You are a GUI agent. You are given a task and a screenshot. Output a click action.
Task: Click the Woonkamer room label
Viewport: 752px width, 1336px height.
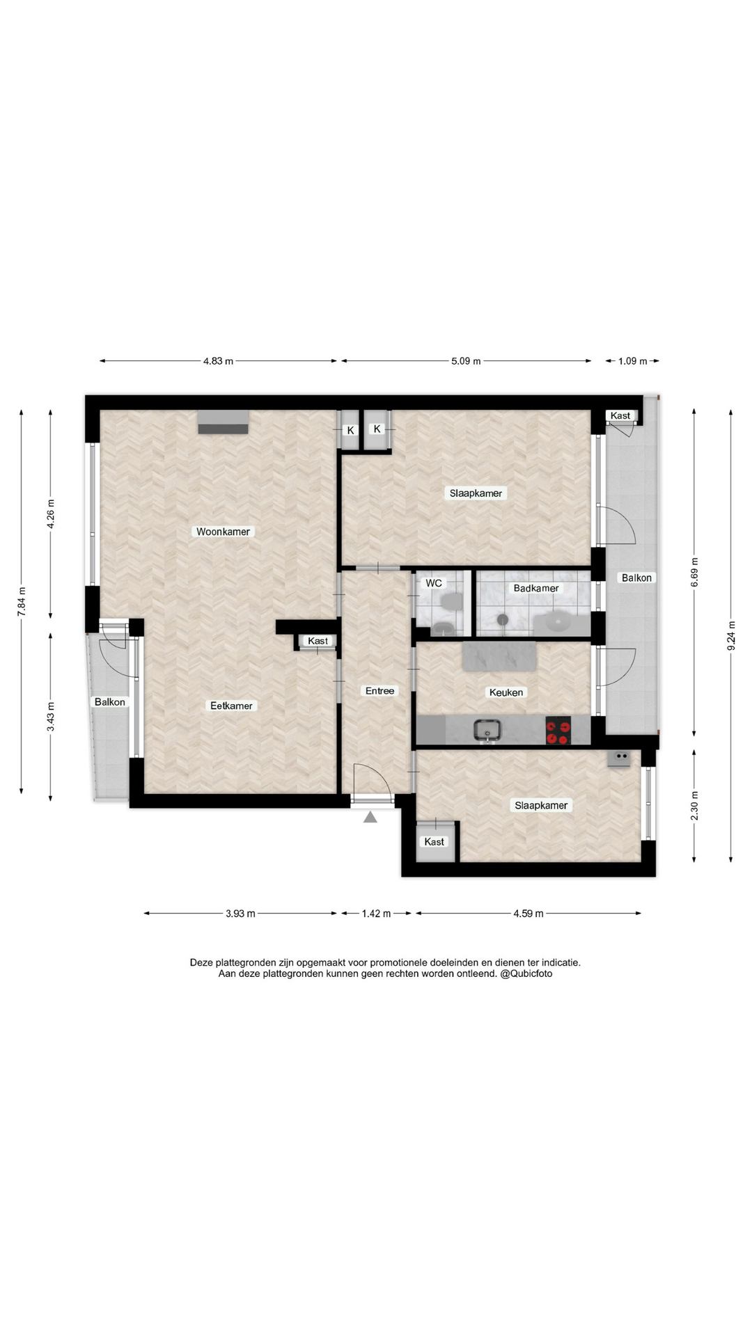[223, 532]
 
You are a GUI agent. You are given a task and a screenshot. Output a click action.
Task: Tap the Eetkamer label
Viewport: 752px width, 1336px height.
[231, 706]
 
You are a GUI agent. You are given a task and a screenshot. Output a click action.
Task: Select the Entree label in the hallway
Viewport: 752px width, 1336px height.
[380, 691]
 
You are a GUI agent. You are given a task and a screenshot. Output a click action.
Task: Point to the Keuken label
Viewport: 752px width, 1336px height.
[506, 692]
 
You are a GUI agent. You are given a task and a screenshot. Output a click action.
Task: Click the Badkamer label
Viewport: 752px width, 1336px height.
[536, 588]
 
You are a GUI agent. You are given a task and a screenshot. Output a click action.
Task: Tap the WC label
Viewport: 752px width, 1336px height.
[434, 583]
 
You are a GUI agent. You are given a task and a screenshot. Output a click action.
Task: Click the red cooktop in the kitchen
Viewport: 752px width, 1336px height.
[558, 731]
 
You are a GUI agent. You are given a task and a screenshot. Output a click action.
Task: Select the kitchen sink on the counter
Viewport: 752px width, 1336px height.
[488, 730]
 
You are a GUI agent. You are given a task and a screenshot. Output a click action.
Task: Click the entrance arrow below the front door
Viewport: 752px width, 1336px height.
[370, 817]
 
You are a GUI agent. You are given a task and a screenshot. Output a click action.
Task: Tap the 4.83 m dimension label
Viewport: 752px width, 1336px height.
[219, 361]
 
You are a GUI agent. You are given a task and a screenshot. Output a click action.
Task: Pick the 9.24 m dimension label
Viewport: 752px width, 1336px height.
[731, 635]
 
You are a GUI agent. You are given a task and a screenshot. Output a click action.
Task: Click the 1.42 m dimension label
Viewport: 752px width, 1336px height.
[376, 914]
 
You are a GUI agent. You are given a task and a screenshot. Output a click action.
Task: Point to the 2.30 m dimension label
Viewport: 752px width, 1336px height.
[694, 806]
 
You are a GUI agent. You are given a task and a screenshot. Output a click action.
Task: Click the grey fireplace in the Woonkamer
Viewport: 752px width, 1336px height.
[223, 422]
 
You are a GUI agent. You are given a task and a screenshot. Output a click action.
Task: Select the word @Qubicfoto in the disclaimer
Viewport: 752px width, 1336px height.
[526, 973]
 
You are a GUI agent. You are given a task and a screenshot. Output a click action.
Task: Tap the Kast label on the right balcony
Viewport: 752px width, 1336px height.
[620, 416]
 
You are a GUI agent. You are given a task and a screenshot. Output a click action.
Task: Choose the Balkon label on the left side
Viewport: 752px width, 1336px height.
[110, 702]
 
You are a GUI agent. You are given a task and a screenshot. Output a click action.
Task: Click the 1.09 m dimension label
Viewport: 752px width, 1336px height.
[633, 361]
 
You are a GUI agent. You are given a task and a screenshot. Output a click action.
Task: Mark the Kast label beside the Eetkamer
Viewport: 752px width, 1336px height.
[318, 641]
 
